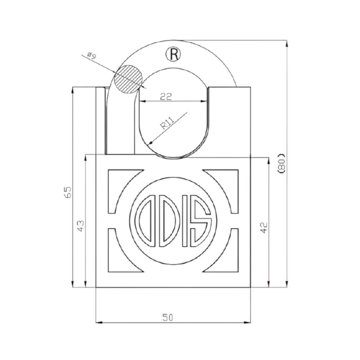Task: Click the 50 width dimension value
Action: click(x=167, y=317)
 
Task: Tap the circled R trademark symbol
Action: click(x=173, y=54)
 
